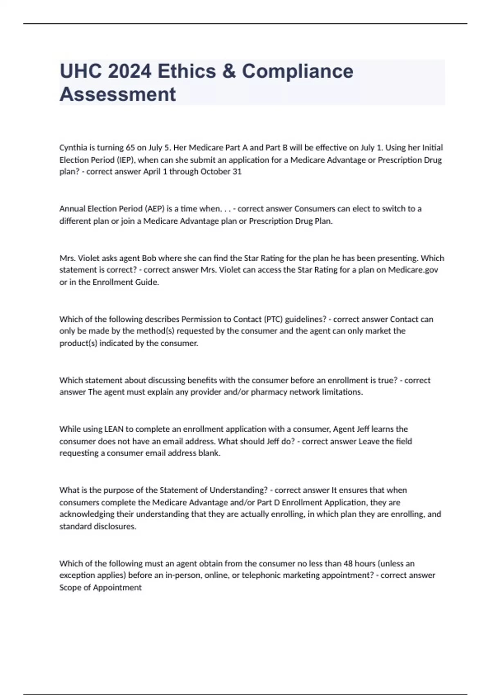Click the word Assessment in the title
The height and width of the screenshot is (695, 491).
click(x=118, y=94)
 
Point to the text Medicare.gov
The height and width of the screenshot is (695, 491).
click(x=413, y=270)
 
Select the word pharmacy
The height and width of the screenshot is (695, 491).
click(x=269, y=392)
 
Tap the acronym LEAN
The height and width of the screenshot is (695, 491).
click(x=114, y=429)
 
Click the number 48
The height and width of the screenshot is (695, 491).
click(x=348, y=564)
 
